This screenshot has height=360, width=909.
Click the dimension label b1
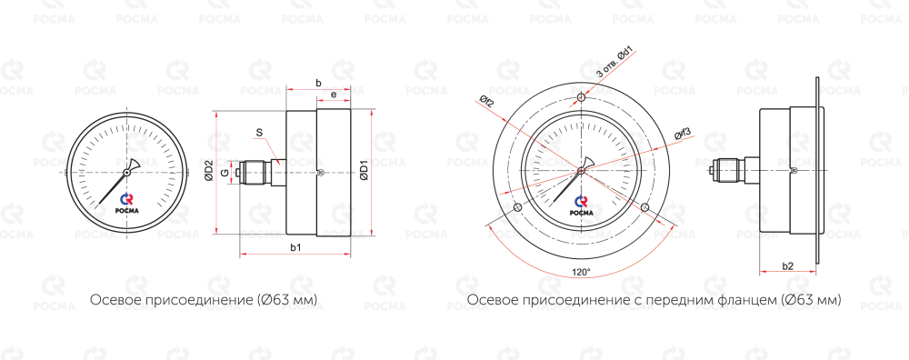(x=295, y=248)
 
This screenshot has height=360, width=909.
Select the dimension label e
(x=334, y=95)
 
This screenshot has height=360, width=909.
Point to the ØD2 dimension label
(x=209, y=172)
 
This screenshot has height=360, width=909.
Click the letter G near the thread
(x=225, y=172)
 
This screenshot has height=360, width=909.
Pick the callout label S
(x=259, y=133)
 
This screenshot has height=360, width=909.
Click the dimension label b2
(x=788, y=266)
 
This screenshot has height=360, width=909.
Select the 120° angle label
(x=581, y=271)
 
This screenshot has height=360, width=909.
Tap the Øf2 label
(x=486, y=102)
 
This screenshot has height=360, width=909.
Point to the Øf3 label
(x=683, y=135)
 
